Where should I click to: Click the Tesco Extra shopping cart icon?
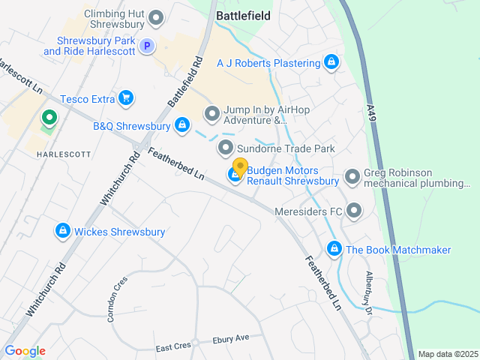point(126,97)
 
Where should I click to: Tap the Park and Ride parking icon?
point(148,46)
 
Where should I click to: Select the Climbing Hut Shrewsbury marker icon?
point(156,16)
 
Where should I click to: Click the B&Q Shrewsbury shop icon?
point(181,125)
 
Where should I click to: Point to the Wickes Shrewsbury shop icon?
point(63,231)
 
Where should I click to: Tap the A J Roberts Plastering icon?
point(331,62)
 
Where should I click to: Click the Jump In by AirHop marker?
point(212,114)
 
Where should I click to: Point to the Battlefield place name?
point(243,14)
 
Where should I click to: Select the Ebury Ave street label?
point(231,338)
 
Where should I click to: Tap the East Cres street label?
point(173,347)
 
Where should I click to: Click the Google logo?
point(25,351)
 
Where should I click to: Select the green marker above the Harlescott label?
point(49,118)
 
